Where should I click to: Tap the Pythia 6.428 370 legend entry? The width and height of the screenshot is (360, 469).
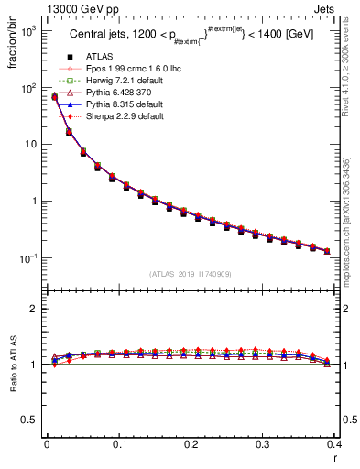point(104,93)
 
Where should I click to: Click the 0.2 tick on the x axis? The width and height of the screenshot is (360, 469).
point(191,444)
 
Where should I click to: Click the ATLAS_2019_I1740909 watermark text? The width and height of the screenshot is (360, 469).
point(191,274)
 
